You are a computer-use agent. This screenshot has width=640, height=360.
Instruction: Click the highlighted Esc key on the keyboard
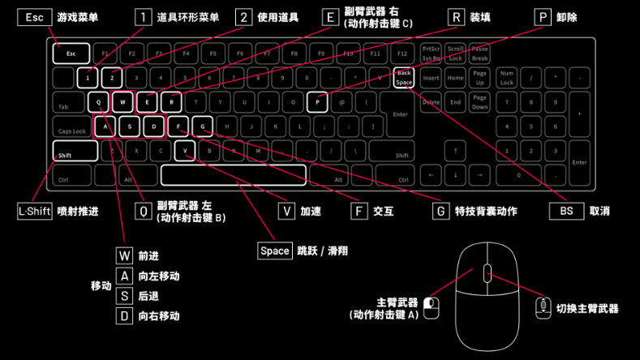[71, 54]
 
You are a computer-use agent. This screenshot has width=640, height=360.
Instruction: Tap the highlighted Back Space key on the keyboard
[404, 78]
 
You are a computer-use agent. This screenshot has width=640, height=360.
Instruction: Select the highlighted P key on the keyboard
[317, 103]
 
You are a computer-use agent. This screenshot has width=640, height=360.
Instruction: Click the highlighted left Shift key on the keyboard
[75, 152]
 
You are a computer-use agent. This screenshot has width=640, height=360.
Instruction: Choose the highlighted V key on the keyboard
[185, 151]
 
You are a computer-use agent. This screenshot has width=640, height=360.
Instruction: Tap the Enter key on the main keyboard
[400, 114]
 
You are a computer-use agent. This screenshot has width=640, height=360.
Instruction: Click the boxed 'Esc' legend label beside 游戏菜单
[34, 17]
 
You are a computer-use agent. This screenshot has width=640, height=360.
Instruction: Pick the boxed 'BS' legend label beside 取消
[566, 211]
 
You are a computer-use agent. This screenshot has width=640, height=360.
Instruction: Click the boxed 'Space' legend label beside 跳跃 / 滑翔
[274, 251]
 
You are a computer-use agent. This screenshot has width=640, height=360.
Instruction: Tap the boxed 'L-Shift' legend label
[35, 211]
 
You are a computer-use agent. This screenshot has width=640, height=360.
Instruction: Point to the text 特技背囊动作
[486, 211]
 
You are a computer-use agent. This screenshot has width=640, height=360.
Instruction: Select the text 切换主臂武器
[587, 308]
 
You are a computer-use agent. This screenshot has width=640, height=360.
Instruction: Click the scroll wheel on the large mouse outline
[487, 272]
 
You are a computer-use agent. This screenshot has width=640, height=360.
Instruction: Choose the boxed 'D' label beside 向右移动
[124, 315]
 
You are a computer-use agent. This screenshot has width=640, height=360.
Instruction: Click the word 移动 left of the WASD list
[101, 286]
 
